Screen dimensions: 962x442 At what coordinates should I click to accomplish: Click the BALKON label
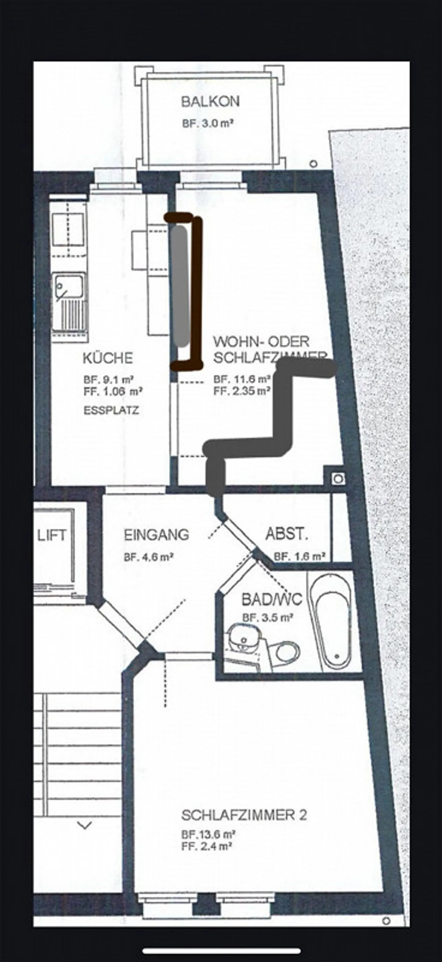[x=210, y=101]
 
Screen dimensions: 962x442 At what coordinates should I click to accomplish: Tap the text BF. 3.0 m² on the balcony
[x=208, y=124]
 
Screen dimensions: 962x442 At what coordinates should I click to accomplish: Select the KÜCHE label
[x=107, y=358]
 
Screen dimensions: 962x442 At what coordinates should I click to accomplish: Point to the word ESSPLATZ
[x=111, y=410]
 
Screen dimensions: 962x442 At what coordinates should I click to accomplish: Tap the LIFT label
[x=52, y=535]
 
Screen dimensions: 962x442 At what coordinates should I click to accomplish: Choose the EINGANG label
[x=156, y=535]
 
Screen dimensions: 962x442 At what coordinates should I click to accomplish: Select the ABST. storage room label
[x=286, y=534]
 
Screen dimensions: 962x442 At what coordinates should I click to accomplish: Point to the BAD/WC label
[x=272, y=600]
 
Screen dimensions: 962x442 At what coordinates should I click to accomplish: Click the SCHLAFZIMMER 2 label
[x=244, y=815]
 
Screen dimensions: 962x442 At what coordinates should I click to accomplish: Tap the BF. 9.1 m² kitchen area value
[x=109, y=380]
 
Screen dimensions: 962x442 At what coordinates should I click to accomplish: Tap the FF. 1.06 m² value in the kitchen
[x=113, y=391]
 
